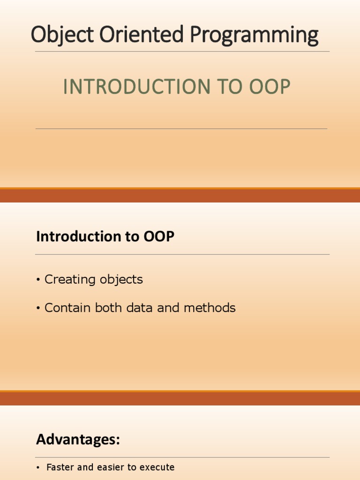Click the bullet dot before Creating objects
37,280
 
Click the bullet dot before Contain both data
37,308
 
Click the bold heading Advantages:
78,440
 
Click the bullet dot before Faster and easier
38,468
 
